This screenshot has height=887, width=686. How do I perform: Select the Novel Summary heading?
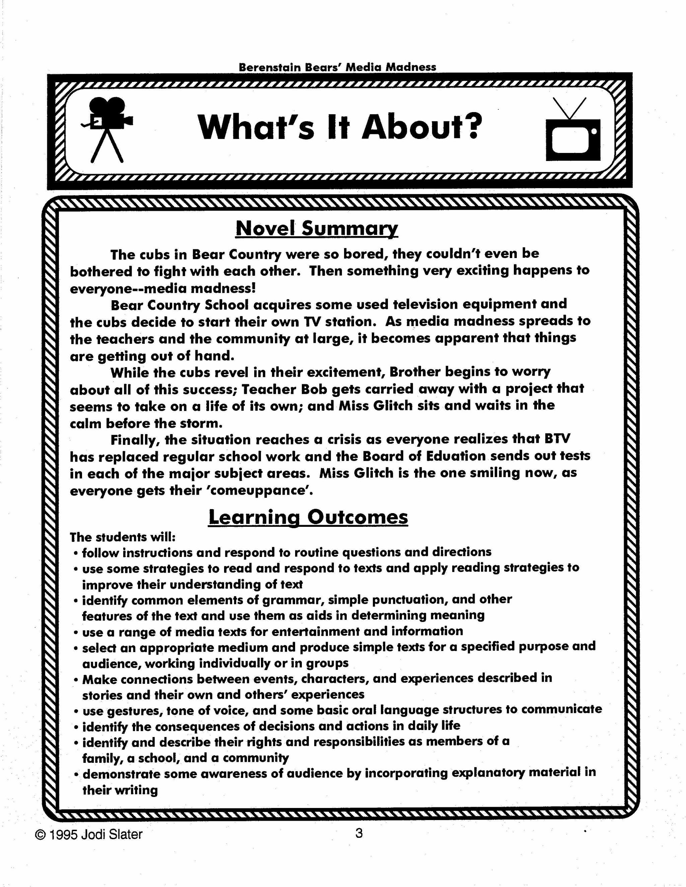pos(317,228)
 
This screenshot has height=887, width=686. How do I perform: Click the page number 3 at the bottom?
pos(358,833)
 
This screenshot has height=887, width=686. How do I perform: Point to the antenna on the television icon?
pos(570,108)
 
